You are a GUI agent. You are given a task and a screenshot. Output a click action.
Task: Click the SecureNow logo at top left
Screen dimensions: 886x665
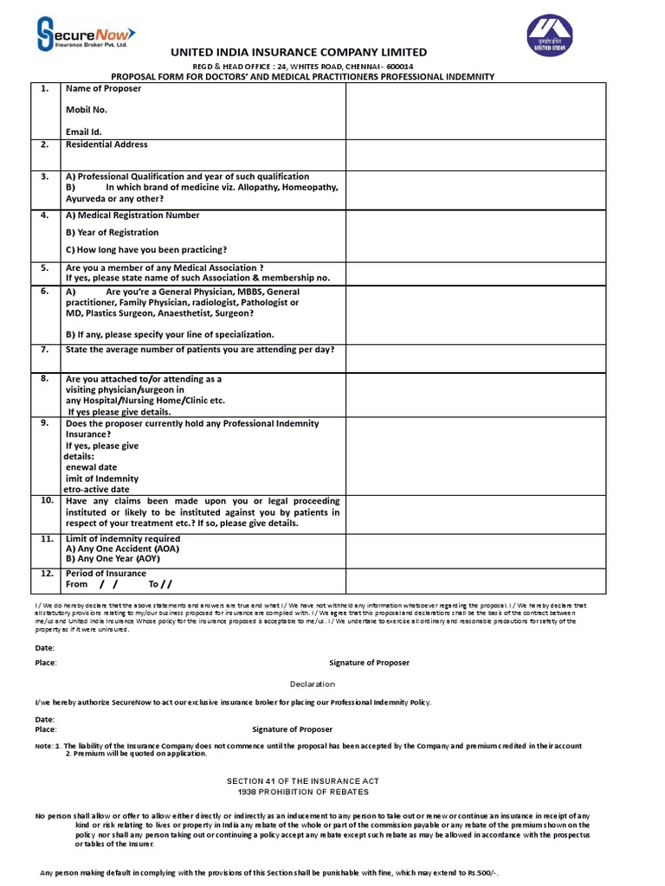point(86,35)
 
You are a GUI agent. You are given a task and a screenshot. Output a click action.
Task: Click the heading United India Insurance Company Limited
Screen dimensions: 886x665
point(299,53)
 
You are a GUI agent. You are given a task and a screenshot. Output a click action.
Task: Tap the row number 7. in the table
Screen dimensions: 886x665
point(44,350)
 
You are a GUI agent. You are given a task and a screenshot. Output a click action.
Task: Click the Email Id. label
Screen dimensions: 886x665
point(84,132)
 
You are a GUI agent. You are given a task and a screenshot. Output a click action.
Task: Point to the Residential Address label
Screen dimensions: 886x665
point(107,144)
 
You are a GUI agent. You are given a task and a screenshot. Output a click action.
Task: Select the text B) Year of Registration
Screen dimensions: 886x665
point(113,232)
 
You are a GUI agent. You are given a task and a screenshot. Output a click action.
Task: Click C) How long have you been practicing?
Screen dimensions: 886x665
point(146,249)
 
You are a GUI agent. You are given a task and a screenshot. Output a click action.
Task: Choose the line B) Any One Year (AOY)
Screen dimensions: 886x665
point(113,558)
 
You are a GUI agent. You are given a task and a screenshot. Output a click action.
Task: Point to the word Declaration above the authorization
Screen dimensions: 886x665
point(313,684)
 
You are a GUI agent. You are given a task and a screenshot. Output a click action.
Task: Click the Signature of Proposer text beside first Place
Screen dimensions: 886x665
point(369,663)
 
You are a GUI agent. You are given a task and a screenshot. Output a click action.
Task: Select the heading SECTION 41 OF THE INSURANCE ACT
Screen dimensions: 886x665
point(302,781)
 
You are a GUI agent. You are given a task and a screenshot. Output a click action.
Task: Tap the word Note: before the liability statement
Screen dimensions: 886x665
point(44,745)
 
